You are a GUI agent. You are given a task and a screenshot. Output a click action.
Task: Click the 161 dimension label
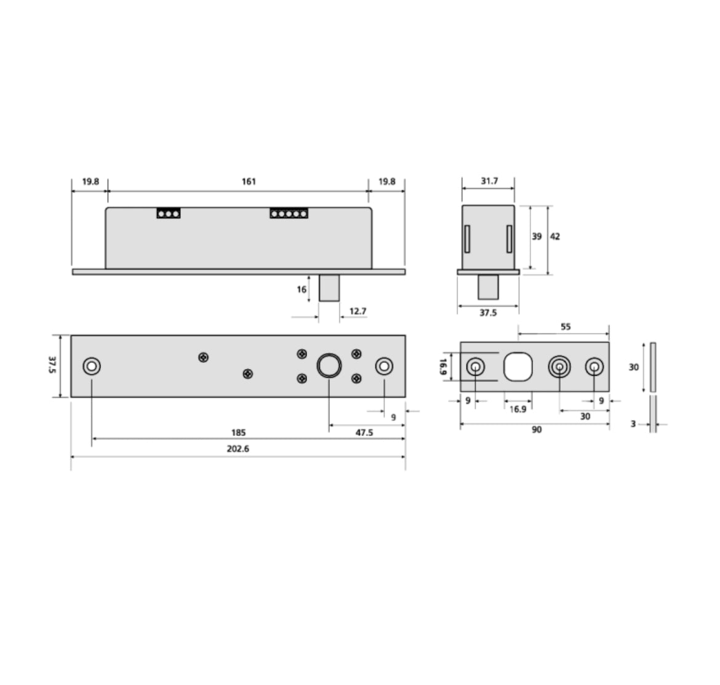[248, 181]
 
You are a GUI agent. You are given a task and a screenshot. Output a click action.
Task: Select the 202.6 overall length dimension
[238, 448]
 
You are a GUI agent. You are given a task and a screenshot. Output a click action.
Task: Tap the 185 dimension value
[238, 433]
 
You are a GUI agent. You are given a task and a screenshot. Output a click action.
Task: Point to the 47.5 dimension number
[364, 433]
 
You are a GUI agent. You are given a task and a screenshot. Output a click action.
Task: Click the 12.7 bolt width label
[358, 311]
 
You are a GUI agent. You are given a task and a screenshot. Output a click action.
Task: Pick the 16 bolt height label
[302, 289]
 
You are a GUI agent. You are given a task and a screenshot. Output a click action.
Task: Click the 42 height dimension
[555, 236]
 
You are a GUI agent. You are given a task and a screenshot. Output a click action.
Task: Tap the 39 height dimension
[537, 236]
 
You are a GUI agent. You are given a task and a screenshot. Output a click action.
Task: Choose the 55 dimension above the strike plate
[566, 327]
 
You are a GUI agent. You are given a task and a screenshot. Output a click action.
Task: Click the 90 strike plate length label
[537, 430]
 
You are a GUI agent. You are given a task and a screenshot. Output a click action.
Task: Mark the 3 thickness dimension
[633, 424]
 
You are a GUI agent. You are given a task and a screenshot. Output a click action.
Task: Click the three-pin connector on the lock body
[168, 214]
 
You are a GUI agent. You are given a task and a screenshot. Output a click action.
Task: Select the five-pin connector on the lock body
[289, 214]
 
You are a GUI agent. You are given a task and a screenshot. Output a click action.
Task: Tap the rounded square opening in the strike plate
[518, 367]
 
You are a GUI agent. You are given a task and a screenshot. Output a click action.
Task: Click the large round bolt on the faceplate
[329, 366]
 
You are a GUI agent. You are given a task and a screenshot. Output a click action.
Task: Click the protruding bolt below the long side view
[329, 288]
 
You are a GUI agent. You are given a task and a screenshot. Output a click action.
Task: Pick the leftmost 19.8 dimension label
[90, 181]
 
